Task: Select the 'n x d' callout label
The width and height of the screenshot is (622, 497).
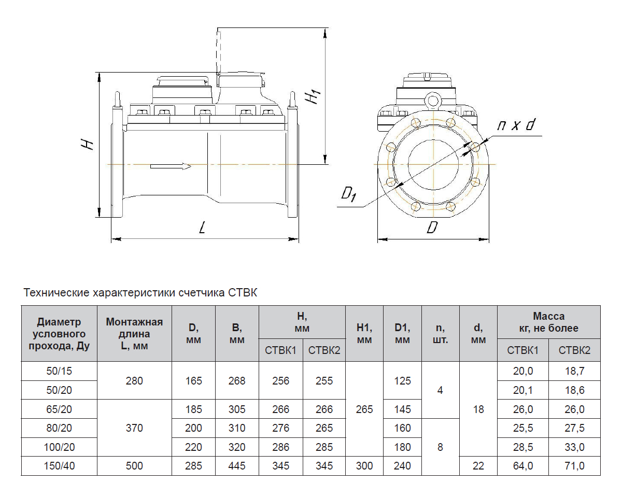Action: click(x=516, y=125)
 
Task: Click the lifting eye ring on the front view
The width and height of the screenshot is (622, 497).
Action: click(x=432, y=100)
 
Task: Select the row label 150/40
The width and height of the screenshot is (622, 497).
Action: click(x=59, y=466)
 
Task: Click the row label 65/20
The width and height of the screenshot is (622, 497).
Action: click(x=59, y=409)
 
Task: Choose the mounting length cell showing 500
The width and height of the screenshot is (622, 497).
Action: click(x=134, y=466)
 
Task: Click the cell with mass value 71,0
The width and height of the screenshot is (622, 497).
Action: click(x=574, y=466)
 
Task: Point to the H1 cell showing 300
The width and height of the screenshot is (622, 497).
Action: click(x=364, y=466)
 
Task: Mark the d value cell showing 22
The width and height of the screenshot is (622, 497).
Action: click(x=478, y=466)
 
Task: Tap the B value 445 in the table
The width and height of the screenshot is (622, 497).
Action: click(x=237, y=466)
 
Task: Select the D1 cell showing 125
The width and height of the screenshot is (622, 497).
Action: click(x=402, y=381)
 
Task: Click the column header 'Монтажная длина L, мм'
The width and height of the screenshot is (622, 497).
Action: click(x=134, y=334)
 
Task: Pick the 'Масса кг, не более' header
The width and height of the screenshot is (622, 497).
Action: click(x=548, y=322)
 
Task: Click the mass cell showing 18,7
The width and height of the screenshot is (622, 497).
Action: click(x=574, y=371)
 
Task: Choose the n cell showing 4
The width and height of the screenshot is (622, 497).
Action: click(x=440, y=390)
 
